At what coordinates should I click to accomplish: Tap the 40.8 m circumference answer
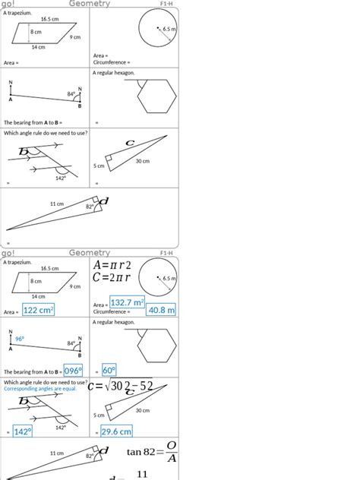161,310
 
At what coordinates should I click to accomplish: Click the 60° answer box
109,370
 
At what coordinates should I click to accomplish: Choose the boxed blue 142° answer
22,431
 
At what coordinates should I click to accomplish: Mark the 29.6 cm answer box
116,431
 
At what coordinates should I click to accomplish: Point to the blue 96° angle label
20,339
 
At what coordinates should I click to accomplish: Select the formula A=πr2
112,265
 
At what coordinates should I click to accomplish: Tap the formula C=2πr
113,278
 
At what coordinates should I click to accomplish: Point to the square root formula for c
122,387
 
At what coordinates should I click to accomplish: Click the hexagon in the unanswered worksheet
156,96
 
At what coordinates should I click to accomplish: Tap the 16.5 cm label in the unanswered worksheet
49,18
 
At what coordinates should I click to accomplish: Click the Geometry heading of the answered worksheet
90,253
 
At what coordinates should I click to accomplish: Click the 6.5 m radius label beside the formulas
169,279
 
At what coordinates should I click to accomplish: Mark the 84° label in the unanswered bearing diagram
71,94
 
